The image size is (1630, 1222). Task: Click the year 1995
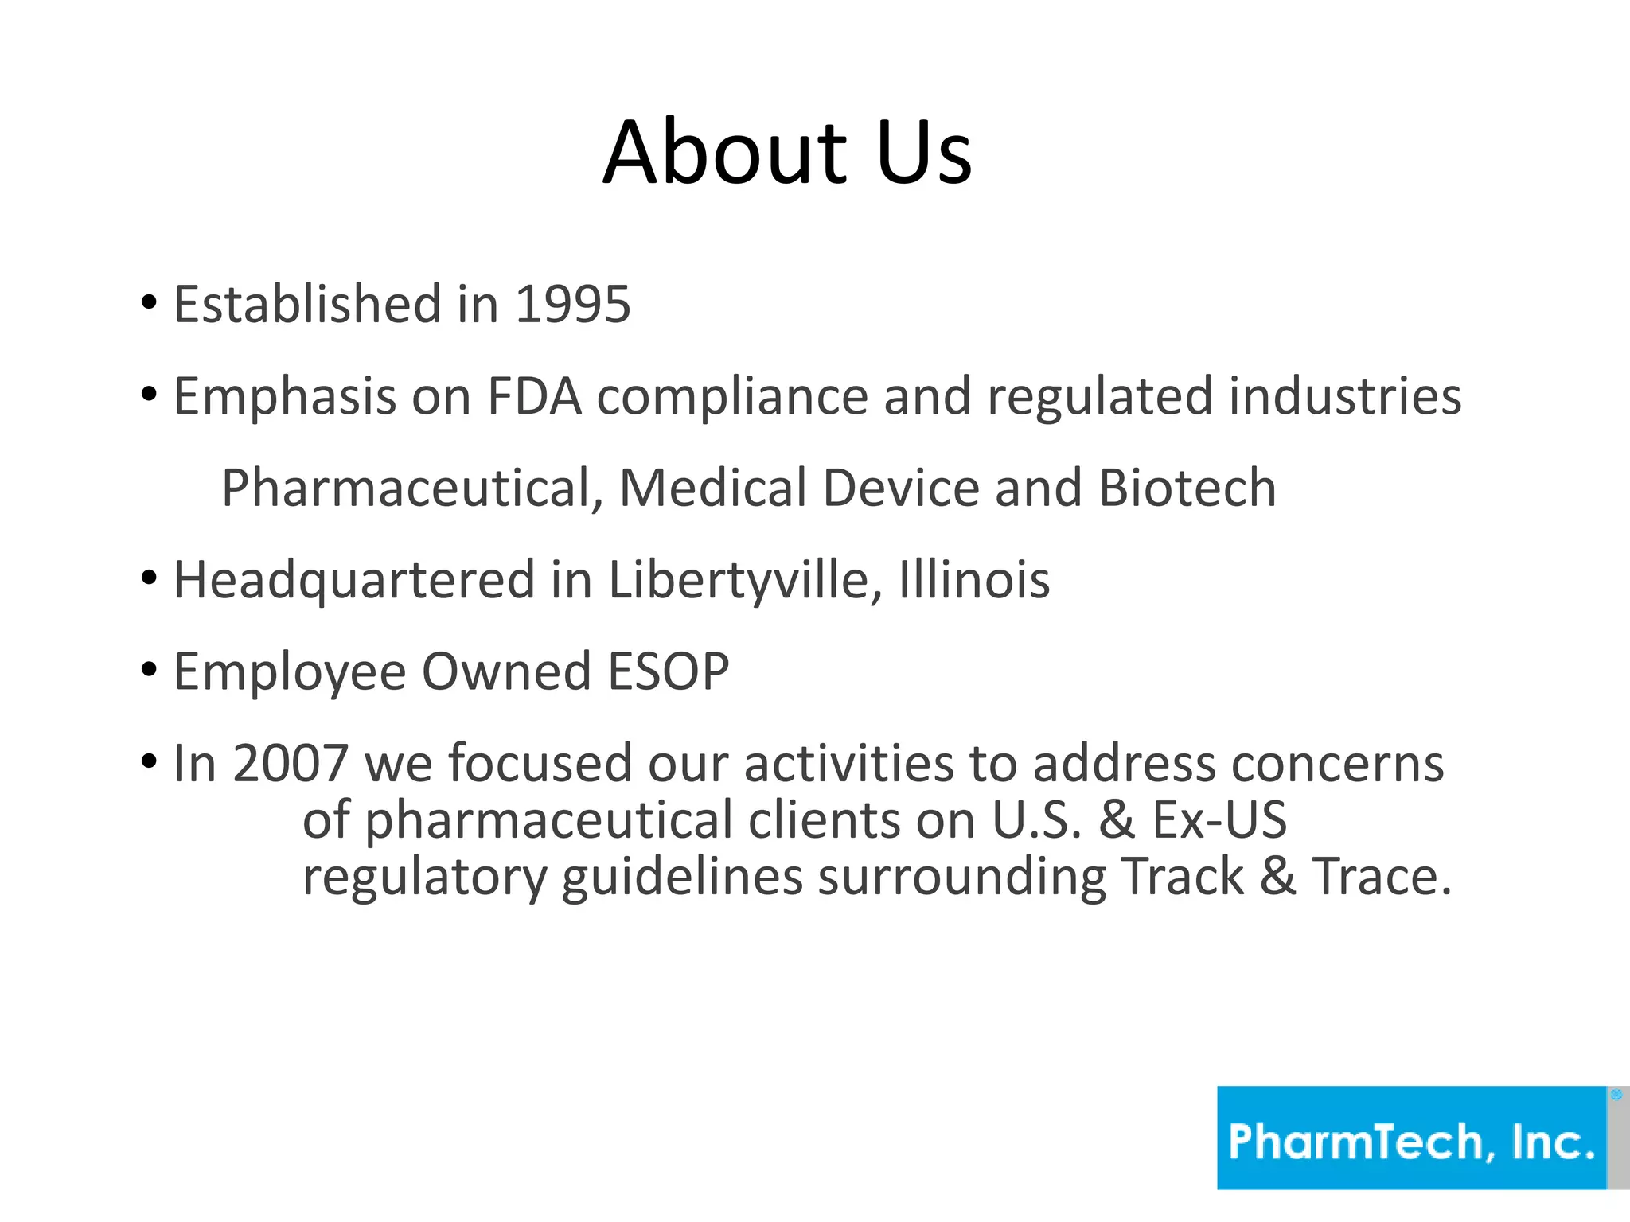tap(573, 304)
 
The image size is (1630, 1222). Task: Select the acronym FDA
tap(534, 395)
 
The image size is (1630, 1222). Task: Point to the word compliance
tap(732, 397)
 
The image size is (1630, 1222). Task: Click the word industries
tap(1344, 395)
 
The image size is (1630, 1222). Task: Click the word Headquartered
tap(354, 580)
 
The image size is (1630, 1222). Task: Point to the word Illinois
tap(974, 580)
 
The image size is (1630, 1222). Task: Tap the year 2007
tap(291, 764)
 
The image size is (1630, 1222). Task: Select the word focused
tap(540, 764)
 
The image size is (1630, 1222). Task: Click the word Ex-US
tap(1219, 819)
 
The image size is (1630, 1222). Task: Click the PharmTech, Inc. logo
tap(1412, 1138)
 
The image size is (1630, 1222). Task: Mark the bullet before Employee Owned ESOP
tap(149, 670)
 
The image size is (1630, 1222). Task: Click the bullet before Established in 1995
tap(149, 302)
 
